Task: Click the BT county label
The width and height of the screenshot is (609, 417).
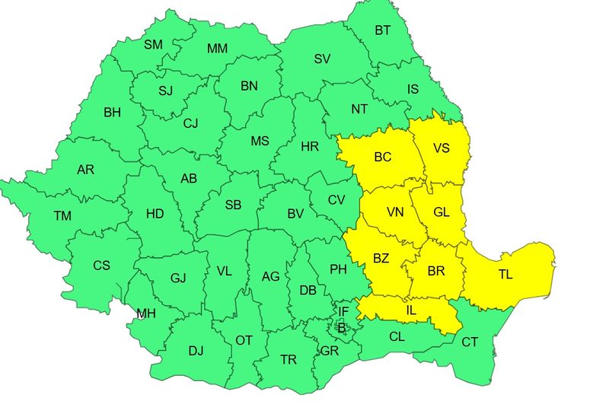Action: coord(382,31)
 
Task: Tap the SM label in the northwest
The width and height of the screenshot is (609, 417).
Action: coord(154,45)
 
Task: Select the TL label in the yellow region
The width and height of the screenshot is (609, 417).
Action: coord(505,275)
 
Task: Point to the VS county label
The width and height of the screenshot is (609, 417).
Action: coord(442,148)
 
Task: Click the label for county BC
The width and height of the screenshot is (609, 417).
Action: coord(383,158)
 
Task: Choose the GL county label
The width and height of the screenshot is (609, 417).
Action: coord(442,212)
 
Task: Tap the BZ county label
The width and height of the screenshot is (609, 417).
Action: coord(381,259)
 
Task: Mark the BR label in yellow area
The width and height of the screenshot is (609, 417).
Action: coord(436,271)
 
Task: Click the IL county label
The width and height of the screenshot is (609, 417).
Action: coord(412,310)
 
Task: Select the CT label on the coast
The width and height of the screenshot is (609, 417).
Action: coord(470,342)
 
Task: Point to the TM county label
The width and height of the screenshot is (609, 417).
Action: coord(62,216)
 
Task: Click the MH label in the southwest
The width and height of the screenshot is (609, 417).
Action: coord(146,314)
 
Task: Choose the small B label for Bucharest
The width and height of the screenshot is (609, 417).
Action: coord(341,329)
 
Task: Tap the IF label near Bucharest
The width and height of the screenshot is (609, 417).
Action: coord(343,311)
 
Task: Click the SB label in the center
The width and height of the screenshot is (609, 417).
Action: coord(233,205)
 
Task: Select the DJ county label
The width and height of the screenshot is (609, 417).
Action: coord(196,351)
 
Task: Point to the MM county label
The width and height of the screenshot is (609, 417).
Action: coord(218,49)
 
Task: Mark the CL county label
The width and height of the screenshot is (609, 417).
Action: coord(397,336)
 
